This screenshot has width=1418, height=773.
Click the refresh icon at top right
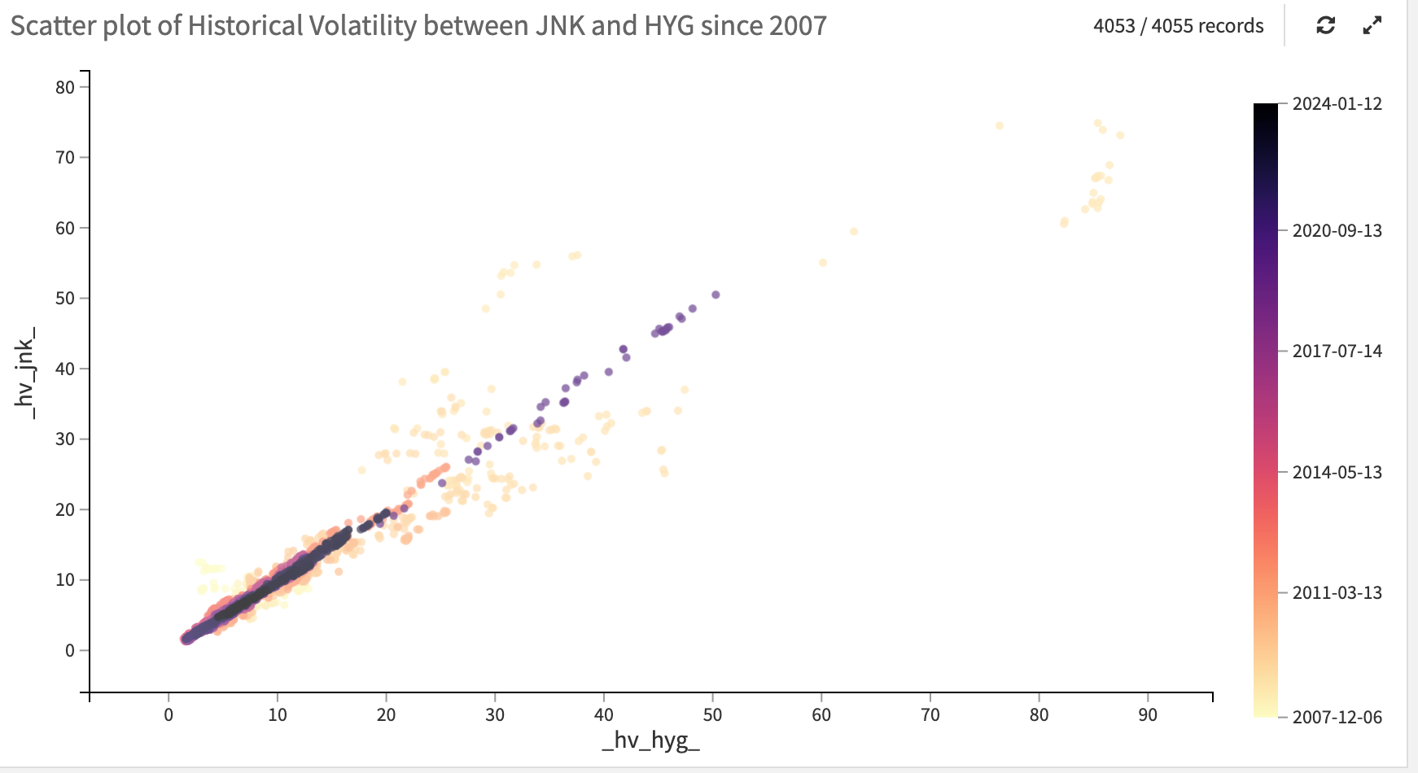1325,25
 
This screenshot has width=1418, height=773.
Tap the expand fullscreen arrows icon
1372,25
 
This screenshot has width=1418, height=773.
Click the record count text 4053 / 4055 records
1178,26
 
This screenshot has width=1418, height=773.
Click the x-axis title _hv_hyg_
650,740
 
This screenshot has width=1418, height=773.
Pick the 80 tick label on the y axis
65,87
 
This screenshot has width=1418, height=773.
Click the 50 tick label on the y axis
65,298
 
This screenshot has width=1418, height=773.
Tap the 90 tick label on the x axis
1148,714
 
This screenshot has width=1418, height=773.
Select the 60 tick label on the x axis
821,714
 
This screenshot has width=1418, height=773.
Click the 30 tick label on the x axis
495,714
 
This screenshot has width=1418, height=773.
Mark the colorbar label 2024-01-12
1337,103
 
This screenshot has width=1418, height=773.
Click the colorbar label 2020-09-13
1337,230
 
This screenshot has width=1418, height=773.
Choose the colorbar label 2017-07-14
1337,351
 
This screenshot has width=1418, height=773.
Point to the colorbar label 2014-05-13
1337,472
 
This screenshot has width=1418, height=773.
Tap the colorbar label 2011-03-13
1337,592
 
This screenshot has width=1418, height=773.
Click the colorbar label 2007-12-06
1337,717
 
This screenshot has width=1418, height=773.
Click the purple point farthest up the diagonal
716,295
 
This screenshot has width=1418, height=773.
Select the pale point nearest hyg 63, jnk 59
854,232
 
